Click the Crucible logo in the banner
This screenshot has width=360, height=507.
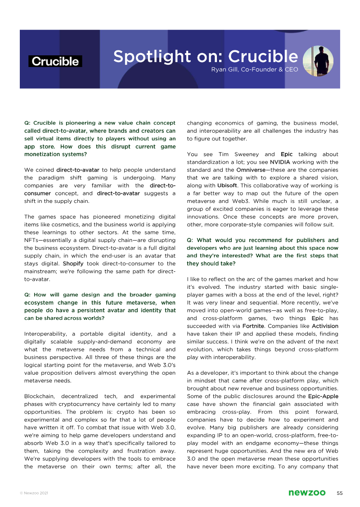click(55, 62)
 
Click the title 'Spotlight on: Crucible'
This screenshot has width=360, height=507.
click(205, 57)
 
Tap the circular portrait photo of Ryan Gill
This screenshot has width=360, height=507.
click(318, 61)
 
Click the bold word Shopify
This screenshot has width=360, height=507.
click(73, 263)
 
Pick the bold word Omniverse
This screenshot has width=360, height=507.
click(250, 170)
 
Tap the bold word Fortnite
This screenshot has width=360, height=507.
click(253, 326)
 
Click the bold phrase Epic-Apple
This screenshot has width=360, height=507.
click(323, 396)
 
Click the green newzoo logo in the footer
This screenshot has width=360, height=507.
click(307, 493)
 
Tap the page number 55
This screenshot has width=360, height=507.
click(340, 493)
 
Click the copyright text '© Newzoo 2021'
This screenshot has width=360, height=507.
click(34, 494)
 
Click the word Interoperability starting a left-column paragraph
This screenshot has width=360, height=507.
click(47, 333)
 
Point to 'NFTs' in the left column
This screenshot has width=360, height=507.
click(32, 240)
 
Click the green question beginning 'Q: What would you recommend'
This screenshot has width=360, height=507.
click(262, 251)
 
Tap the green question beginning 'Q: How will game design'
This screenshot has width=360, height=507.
click(100, 306)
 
